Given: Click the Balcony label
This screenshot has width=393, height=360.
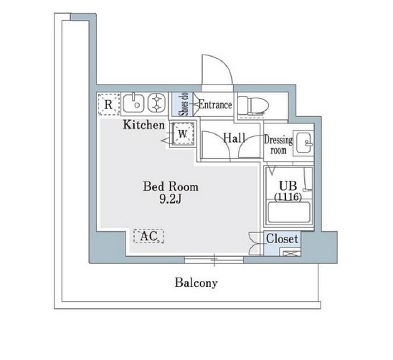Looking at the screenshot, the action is click(x=196, y=283).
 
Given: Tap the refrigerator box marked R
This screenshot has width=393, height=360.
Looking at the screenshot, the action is click(x=108, y=104).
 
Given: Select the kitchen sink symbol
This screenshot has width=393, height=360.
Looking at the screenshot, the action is click(x=133, y=103).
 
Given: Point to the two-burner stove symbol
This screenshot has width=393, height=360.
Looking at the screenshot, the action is click(x=157, y=103).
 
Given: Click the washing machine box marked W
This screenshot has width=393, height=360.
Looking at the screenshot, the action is click(x=183, y=134).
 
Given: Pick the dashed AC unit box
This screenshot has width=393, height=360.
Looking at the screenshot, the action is click(x=148, y=236).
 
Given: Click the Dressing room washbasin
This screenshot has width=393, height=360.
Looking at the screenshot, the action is click(x=304, y=143).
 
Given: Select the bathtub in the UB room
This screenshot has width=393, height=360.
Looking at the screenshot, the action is click(x=289, y=212).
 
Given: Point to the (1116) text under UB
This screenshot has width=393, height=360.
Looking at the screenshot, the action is click(x=288, y=196).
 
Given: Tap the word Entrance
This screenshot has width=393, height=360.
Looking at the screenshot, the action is click(x=215, y=105).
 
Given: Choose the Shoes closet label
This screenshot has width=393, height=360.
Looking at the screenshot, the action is click(x=184, y=104).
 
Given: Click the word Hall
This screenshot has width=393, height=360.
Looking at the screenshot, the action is click(x=234, y=138).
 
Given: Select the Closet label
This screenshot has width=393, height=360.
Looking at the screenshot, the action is click(x=283, y=239).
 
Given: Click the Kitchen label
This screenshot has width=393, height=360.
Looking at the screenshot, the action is click(x=144, y=125).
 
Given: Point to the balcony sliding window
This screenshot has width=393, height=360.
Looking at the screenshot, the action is click(x=214, y=260).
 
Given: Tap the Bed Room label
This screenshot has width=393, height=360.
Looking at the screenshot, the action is click(x=171, y=186).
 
